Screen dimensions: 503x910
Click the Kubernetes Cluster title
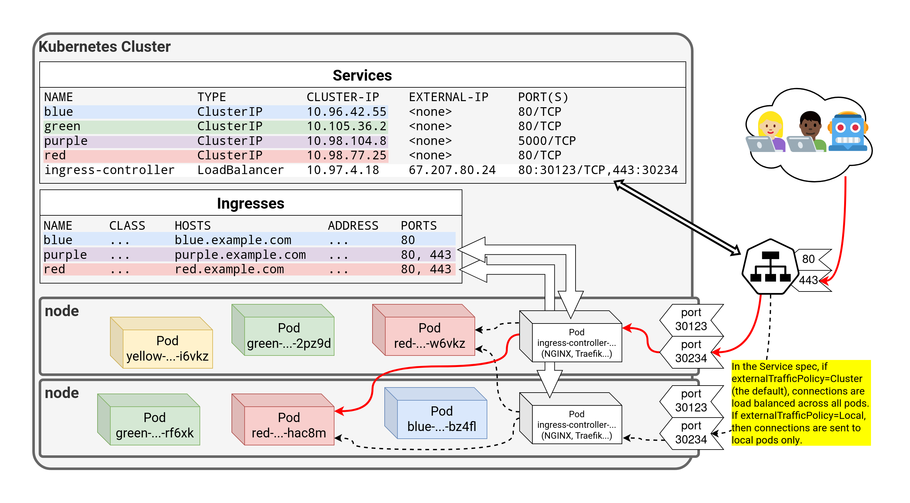click(x=105, y=47)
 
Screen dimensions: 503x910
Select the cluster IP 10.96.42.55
click(x=346, y=112)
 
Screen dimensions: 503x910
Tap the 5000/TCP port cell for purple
click(x=546, y=141)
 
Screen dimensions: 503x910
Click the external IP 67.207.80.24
click(x=452, y=170)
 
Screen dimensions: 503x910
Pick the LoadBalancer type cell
click(x=240, y=170)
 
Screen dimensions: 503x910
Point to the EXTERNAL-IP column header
click(x=448, y=97)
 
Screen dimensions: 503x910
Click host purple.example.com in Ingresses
click(x=240, y=254)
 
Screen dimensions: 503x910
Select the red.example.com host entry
click(x=229, y=269)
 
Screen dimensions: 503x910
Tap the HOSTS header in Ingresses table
click(x=192, y=226)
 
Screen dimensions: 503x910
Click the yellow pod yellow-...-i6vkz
click(x=167, y=348)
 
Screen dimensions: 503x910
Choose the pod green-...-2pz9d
click(x=289, y=335)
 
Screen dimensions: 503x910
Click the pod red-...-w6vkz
click(x=429, y=335)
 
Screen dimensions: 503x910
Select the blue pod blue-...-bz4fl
click(x=441, y=419)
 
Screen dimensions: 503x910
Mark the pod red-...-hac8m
click(x=289, y=425)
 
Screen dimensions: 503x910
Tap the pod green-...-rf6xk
click(x=154, y=425)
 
